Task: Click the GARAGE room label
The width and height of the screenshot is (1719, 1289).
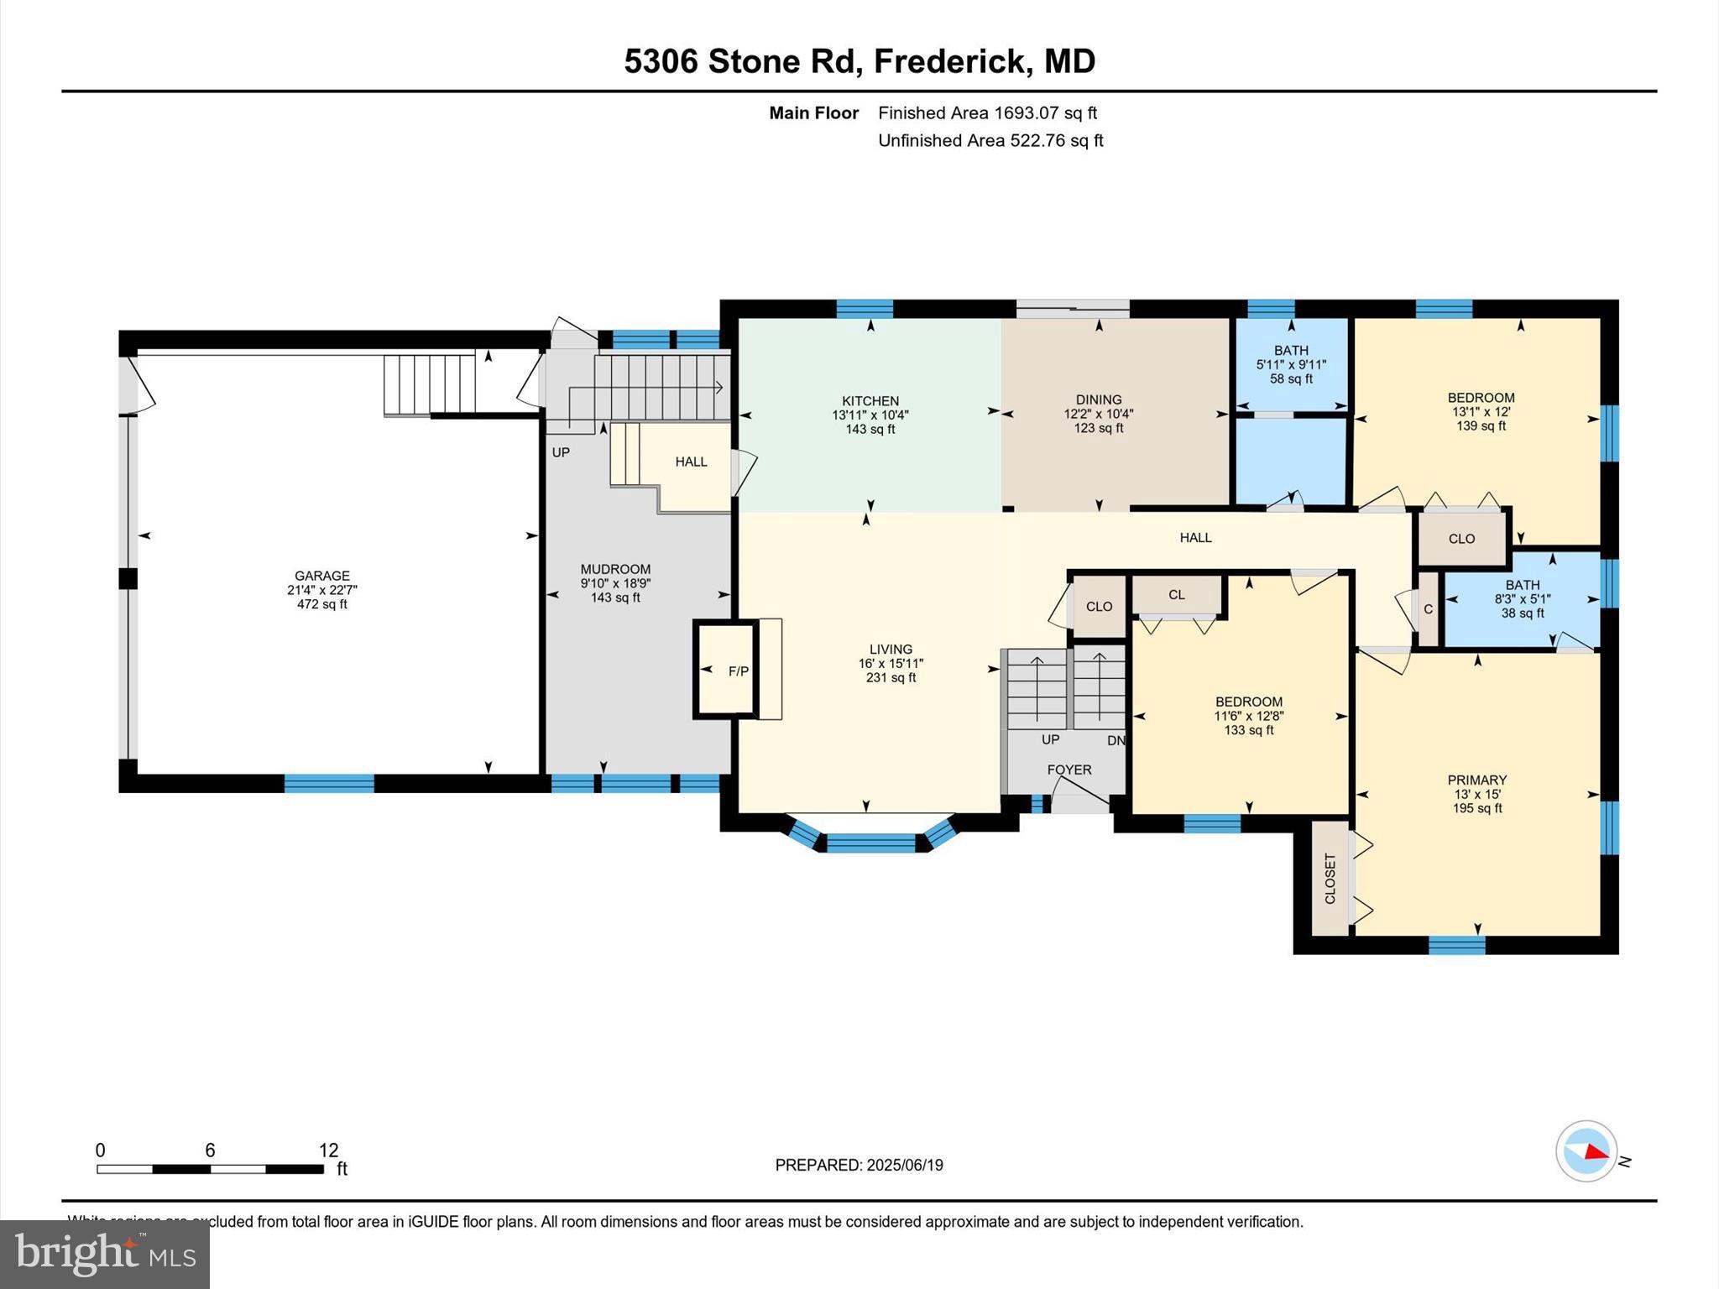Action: (321, 576)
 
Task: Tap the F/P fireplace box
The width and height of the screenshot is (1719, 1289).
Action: (738, 671)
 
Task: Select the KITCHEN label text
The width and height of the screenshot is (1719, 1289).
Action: (870, 401)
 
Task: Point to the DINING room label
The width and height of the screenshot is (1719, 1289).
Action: (1099, 399)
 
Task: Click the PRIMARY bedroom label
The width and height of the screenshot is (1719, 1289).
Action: (1477, 780)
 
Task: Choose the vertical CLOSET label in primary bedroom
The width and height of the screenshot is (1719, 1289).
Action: (1330, 879)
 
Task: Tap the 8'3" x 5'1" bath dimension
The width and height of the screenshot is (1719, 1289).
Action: (1523, 599)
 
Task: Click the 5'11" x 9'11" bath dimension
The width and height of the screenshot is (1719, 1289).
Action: (1291, 364)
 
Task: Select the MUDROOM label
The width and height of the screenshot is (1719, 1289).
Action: (615, 569)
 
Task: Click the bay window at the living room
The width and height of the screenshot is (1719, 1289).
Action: (870, 843)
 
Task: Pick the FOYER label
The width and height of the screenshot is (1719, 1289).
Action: (1069, 770)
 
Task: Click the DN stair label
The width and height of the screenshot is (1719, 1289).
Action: (1116, 740)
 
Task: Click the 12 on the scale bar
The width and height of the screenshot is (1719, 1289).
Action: (328, 1150)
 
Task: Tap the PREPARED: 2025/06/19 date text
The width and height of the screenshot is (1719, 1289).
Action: (859, 1165)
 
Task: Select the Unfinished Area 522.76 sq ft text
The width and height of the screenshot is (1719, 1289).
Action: (990, 140)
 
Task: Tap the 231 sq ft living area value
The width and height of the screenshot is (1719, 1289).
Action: (891, 677)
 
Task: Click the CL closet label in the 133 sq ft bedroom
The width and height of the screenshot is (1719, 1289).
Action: (1177, 594)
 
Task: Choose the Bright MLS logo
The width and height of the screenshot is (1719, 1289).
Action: (105, 1254)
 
